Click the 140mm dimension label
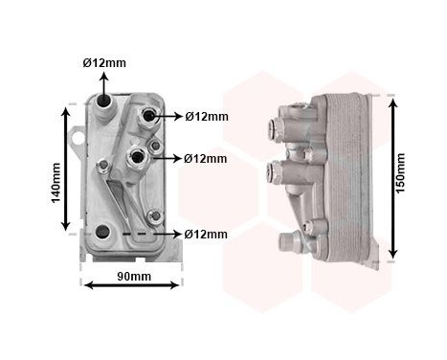[56, 183]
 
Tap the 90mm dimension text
[134, 276]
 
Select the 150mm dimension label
[400, 173]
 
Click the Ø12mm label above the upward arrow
[104, 63]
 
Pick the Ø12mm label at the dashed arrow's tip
[206, 235]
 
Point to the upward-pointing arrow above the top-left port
[104, 84]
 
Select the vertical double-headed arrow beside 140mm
[66, 169]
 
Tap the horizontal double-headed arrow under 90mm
[131, 285]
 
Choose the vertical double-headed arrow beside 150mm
[393, 178]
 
